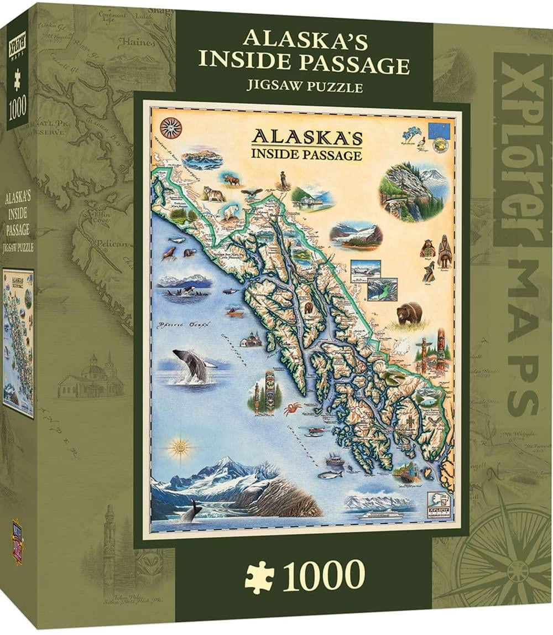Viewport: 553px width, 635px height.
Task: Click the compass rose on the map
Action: [170, 127]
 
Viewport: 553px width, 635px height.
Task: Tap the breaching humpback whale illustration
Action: [191, 364]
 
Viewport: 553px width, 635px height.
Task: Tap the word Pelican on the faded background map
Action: [111, 242]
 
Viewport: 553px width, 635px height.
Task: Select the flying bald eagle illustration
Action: [253, 193]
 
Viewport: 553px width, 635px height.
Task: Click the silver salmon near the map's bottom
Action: [330, 474]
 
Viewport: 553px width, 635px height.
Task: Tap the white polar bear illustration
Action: [229, 212]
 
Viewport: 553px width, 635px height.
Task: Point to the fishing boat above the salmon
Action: [335, 459]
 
